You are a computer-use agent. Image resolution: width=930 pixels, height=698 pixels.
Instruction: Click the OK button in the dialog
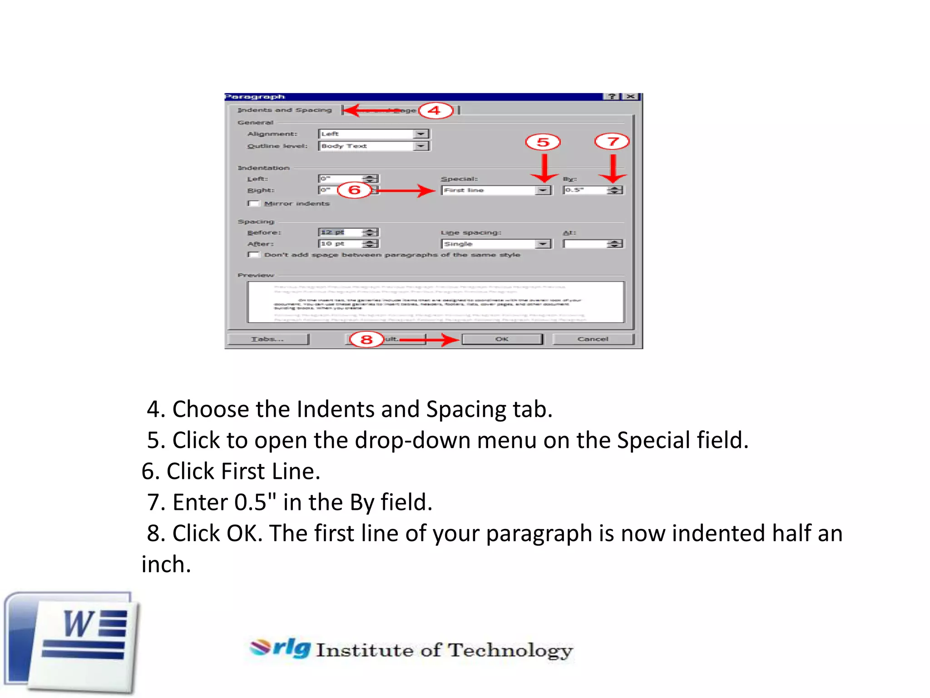click(x=502, y=339)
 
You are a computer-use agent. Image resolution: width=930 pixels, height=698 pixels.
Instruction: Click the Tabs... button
click(x=267, y=339)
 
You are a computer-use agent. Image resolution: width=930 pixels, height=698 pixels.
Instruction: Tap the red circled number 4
click(x=435, y=110)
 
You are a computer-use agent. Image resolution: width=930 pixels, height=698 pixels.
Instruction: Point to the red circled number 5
click(x=543, y=142)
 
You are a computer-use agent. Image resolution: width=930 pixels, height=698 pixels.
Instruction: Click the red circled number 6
click(x=354, y=189)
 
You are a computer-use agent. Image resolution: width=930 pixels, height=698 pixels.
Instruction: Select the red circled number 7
click(x=612, y=141)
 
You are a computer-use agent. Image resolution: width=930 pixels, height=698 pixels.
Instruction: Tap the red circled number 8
click(x=366, y=339)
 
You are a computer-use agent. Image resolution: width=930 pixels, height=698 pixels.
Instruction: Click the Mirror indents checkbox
click(x=253, y=203)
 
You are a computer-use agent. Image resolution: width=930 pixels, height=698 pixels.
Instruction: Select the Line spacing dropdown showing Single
click(x=496, y=244)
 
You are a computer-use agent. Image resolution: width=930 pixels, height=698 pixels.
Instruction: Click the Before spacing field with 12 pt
click(x=341, y=232)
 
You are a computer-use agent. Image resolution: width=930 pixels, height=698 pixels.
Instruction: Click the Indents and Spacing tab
click(x=285, y=110)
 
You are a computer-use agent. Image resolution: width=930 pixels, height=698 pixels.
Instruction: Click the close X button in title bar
click(x=631, y=96)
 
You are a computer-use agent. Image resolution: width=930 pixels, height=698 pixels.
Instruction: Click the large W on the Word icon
click(x=78, y=624)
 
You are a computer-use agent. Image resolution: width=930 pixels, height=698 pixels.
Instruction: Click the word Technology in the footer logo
click(x=510, y=650)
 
